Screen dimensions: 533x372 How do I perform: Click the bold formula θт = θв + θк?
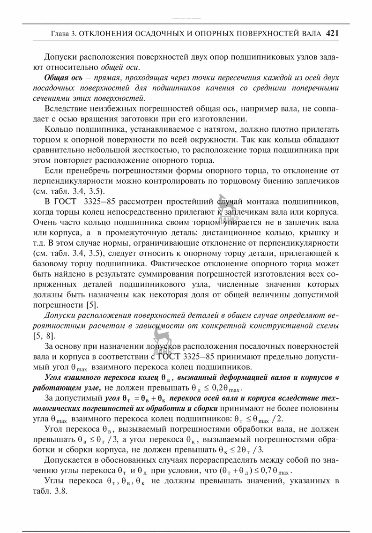pyautogui.click(x=143, y=399)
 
